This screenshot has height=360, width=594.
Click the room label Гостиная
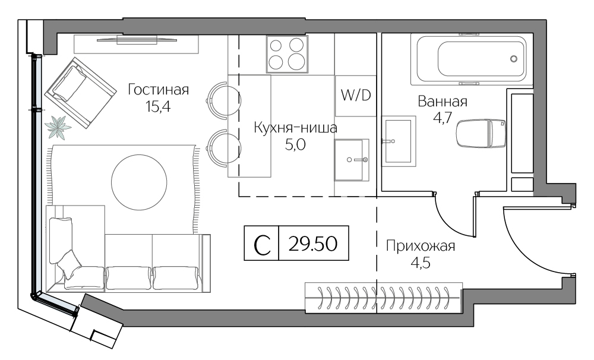[x=158, y=90]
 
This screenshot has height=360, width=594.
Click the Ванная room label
[x=443, y=101]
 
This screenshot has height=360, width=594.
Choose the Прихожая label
[x=420, y=246]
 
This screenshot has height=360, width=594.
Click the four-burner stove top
[x=287, y=53]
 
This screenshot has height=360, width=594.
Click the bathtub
[x=472, y=59]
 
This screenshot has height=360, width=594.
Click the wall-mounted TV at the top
[x=137, y=40]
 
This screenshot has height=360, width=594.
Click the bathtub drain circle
[x=514, y=59]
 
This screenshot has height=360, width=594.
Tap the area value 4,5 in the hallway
[x=420, y=262]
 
